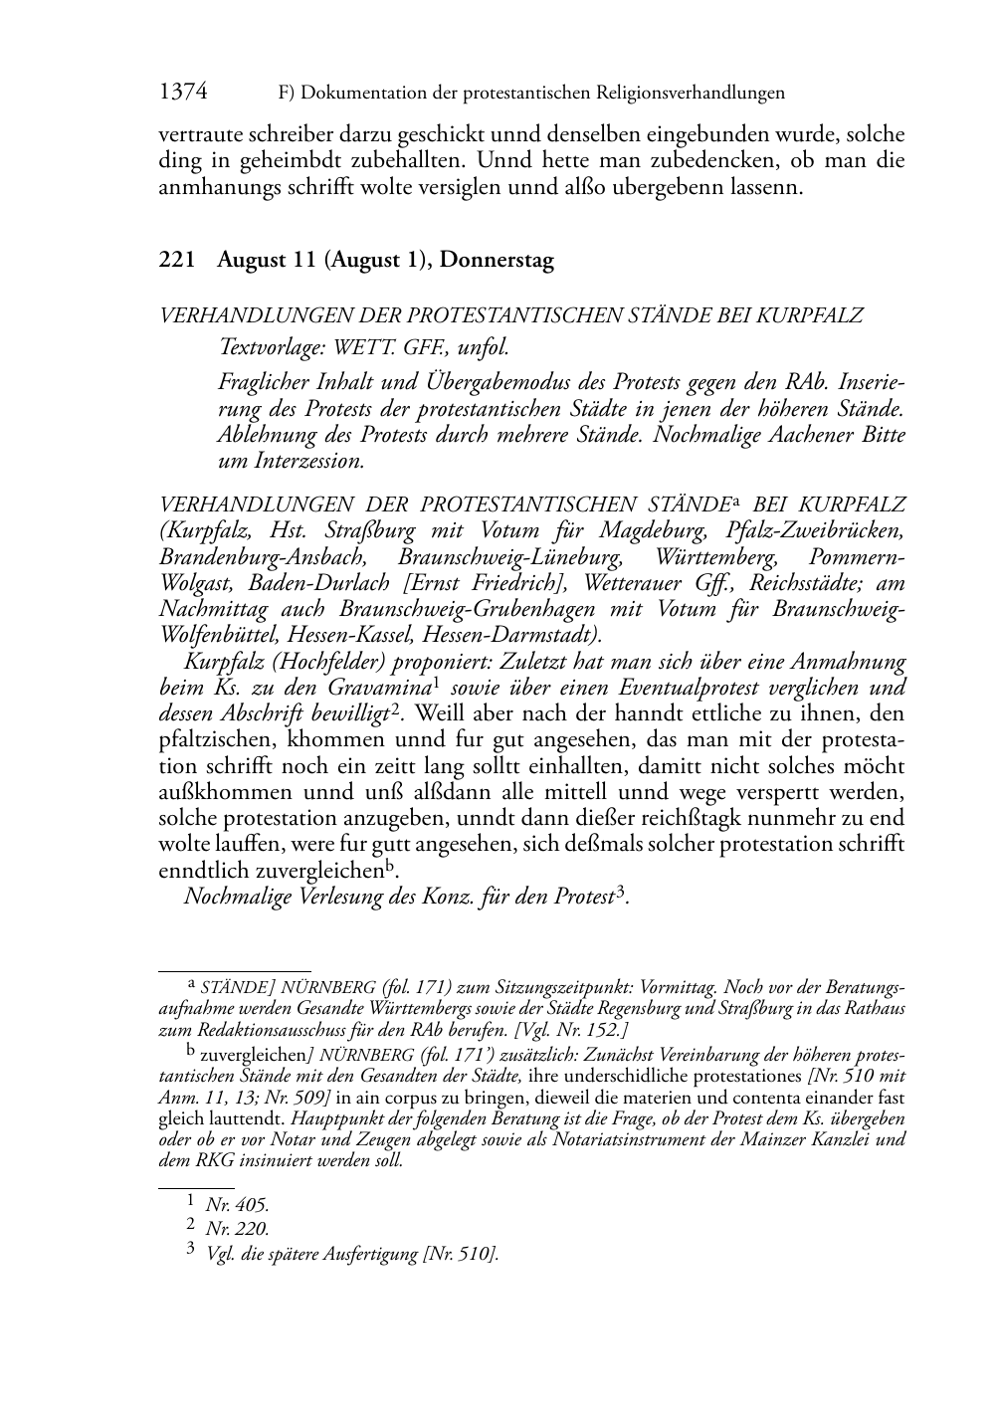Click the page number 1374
pos(183,93)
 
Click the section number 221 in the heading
pos(176,261)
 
